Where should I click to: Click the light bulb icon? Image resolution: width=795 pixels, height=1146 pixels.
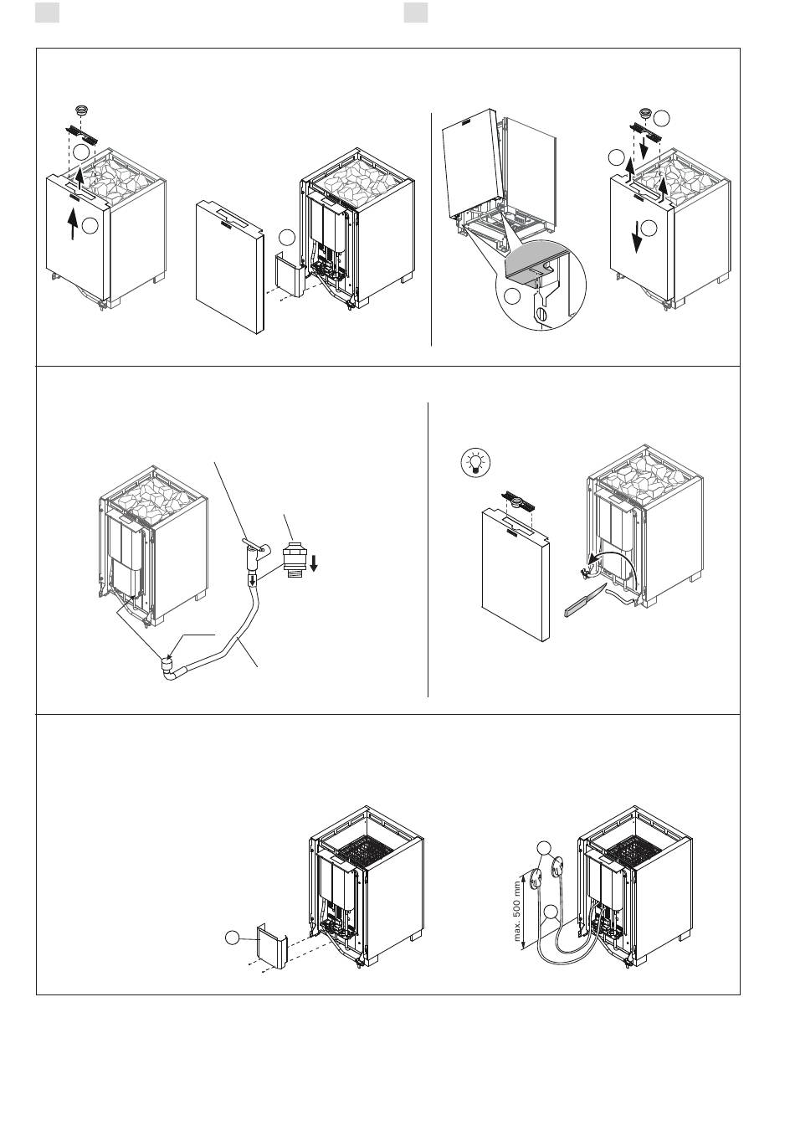[476, 462]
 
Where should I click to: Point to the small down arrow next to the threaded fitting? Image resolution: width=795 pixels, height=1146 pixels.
[314, 563]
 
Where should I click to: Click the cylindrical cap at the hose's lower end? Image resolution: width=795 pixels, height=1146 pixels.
[167, 666]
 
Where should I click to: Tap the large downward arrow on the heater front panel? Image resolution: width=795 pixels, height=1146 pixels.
[636, 236]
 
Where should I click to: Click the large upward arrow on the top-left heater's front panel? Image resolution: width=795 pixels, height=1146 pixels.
[73, 224]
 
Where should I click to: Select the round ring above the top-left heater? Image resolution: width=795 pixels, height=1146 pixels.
[81, 110]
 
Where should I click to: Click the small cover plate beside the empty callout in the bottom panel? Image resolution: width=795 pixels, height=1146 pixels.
[270, 945]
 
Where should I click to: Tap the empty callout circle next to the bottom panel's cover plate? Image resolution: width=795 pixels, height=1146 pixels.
[233, 938]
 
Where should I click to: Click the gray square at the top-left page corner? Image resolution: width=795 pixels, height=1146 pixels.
[47, 13]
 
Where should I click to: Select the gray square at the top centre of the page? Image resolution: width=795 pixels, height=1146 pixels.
[415, 13]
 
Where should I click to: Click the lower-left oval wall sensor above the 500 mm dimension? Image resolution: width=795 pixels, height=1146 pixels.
[536, 878]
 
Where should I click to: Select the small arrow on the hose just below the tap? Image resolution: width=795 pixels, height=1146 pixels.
[252, 580]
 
